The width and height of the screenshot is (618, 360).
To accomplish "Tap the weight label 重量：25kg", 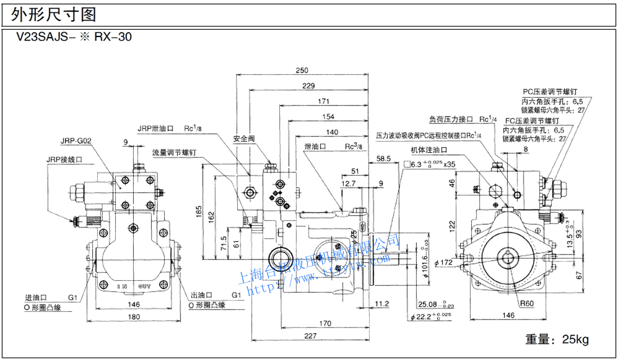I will pyautogui.click(x=556, y=339).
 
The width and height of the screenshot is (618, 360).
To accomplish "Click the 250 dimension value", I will pyautogui.click(x=302, y=71).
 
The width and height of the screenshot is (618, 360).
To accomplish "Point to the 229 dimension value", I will pyautogui.click(x=307, y=86).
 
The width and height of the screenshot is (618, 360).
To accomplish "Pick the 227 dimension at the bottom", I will pyautogui.click(x=308, y=336).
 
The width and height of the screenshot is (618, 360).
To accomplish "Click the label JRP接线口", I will pyautogui.click(x=65, y=160).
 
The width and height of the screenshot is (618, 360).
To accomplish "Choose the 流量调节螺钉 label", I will pyautogui.click(x=175, y=152).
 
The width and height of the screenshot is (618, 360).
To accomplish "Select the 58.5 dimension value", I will pyautogui.click(x=384, y=160).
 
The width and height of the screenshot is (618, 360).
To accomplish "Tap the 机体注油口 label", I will pyautogui.click(x=429, y=151).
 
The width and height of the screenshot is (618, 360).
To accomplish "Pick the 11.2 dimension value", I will pyautogui.click(x=382, y=304).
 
